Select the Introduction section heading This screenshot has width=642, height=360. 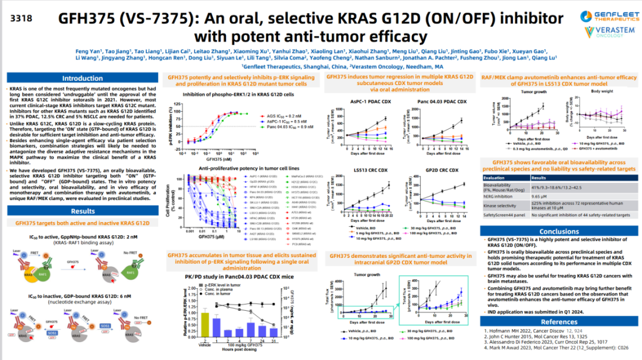pyautogui.click(x=83, y=78)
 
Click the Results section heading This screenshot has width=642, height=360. pyautogui.click(x=83, y=211)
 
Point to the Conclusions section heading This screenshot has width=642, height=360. pyautogui.click(x=559, y=232)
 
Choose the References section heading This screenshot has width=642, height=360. pyautogui.click(x=559, y=322)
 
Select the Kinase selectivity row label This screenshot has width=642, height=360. pyautogui.click(x=503, y=204)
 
